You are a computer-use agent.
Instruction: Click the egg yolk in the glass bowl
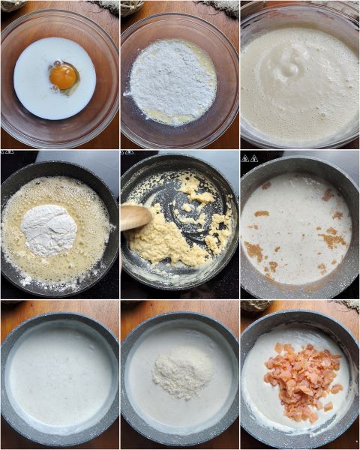click(63, 76)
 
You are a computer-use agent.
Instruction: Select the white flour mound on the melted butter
click(49, 229)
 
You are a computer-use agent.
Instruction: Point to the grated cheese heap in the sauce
click(182, 370)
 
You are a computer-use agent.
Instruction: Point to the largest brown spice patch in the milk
click(331, 240)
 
